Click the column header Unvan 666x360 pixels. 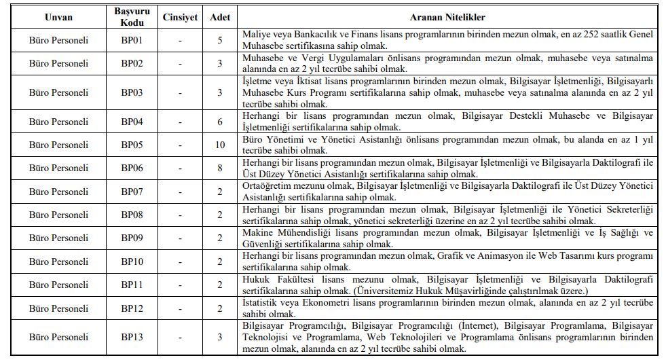point(58,16)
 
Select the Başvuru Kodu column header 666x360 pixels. point(132,16)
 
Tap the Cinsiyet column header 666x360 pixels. point(180,16)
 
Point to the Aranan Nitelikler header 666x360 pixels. point(447,16)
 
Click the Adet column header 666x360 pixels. point(220,16)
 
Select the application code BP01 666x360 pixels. point(132,41)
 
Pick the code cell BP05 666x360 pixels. point(132,145)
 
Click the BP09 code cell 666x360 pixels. point(132,238)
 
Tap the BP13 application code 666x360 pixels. point(132,337)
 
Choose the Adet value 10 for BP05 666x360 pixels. point(220,145)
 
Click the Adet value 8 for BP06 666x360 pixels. point(220,168)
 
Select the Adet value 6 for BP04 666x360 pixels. point(220,122)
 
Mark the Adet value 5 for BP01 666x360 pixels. point(220,41)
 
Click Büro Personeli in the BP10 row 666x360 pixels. point(58,262)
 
